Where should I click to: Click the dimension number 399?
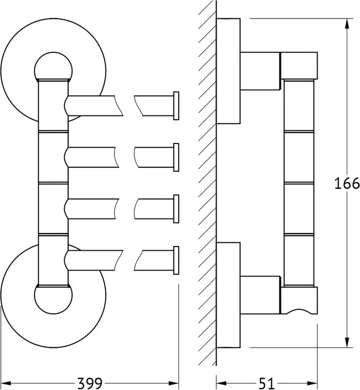point(90,383)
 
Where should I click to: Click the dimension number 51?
point(266,383)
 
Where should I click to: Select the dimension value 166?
point(347,184)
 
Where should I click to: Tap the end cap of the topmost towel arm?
point(176,106)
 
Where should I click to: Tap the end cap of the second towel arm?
point(176,157)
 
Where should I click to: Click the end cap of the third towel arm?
point(176,209)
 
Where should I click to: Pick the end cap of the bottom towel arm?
point(176,260)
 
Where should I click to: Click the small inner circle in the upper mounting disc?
point(53,53)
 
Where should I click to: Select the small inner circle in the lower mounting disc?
point(53,313)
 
